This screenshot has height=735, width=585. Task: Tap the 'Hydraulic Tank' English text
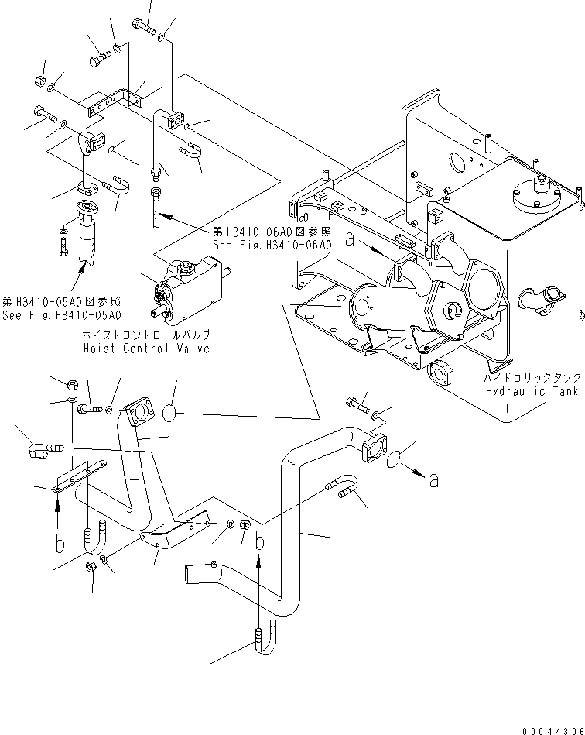coord(532,391)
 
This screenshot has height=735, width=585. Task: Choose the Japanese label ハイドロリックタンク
coord(532,379)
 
